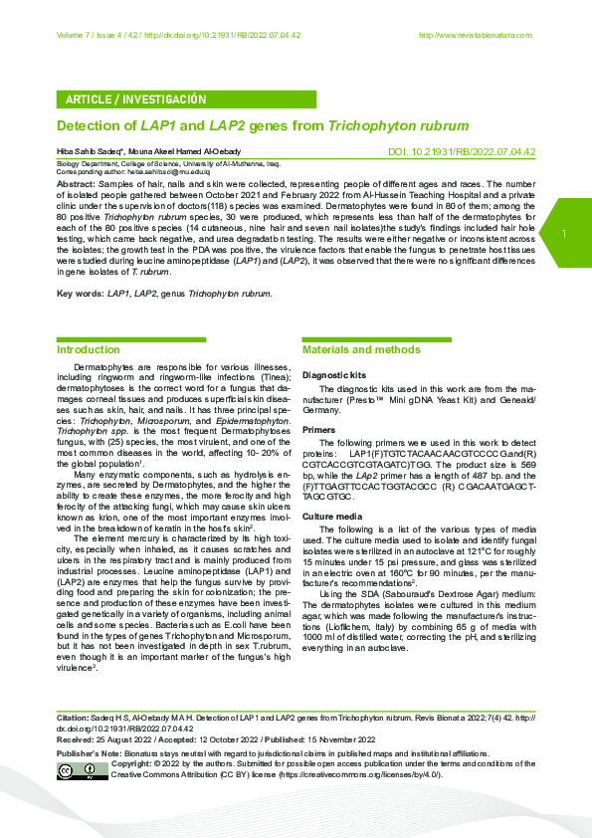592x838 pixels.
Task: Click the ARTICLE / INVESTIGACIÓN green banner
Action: coord(135,100)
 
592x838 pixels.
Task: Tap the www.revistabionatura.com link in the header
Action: coord(476,36)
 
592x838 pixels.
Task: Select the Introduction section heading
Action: coord(89,350)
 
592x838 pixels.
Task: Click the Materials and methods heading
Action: coord(361,350)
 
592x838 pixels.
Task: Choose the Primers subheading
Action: coord(319,430)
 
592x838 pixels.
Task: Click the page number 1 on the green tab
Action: coord(563,234)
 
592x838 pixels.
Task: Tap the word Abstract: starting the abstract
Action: coord(77,185)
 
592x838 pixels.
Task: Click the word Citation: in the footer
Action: coord(73,717)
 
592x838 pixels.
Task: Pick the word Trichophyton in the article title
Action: coord(365,126)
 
